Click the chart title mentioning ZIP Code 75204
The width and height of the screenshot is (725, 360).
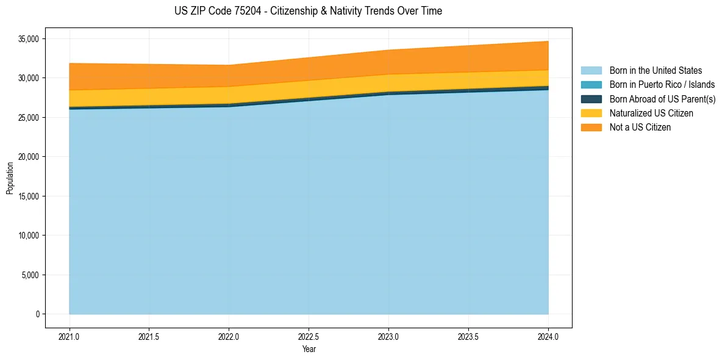click(308, 11)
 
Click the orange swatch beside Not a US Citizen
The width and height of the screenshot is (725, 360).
click(591, 128)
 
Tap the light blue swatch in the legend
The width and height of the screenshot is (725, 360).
click(591, 71)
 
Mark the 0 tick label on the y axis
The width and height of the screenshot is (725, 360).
click(37, 314)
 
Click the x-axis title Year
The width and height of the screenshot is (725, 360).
click(309, 350)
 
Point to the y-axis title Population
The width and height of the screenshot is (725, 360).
click(10, 178)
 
